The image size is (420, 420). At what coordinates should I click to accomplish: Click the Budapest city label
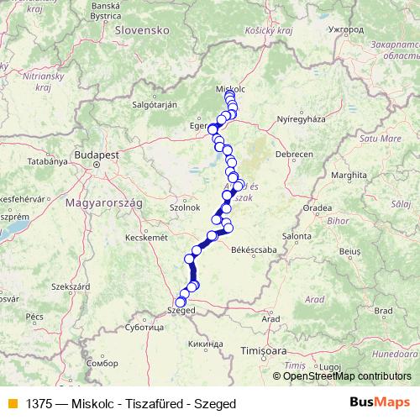click(96, 155)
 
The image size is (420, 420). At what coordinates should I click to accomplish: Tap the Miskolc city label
click(229, 87)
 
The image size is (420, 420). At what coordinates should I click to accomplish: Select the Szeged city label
click(181, 310)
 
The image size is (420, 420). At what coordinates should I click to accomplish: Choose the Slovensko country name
click(144, 29)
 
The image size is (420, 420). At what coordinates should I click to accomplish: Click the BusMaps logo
click(381, 403)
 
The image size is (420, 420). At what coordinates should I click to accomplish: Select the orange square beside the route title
click(11, 403)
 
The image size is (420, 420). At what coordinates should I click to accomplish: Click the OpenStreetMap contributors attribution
click(347, 376)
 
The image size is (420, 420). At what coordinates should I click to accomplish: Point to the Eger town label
click(198, 126)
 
